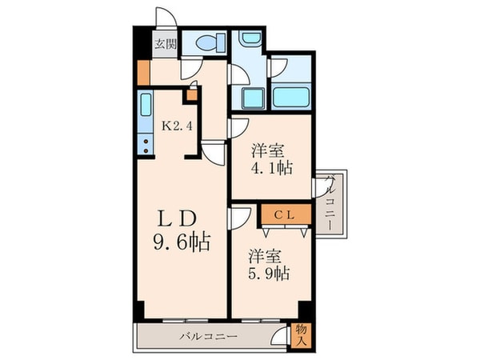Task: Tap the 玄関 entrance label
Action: pos(166,43)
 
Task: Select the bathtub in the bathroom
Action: pos(291,98)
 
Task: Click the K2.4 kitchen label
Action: pos(178,125)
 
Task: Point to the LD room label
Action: pos(177,218)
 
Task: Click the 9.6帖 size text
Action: pos(182,241)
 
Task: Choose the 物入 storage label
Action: pos(301,335)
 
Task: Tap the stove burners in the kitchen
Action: pos(146,145)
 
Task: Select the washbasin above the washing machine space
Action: pos(248,40)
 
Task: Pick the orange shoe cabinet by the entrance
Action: pos(142,73)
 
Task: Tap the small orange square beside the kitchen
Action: pos(191,94)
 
